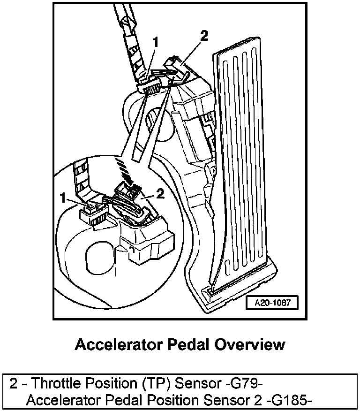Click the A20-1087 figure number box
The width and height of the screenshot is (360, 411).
272,303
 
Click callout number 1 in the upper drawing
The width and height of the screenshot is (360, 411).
155,43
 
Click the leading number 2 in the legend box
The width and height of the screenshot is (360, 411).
14,384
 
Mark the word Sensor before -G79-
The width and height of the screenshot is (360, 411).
198,384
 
